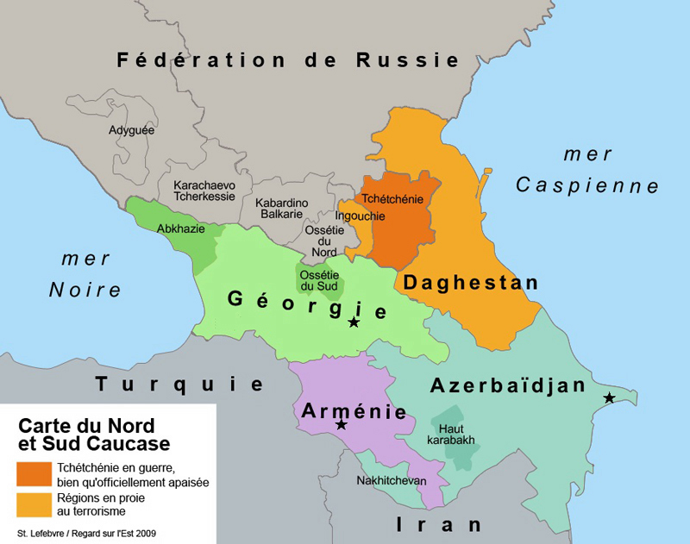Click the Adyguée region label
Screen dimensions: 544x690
pos(131,131)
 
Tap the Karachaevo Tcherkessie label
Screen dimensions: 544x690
pos(204,191)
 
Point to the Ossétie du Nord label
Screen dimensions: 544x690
pos(324,241)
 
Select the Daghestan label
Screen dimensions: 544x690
pos(470,283)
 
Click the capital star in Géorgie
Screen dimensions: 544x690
pos(354,322)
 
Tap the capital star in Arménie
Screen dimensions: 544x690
pos(341,425)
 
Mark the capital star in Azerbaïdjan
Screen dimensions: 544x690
pos(610,397)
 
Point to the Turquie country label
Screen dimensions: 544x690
pos(179,385)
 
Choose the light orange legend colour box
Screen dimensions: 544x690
pos(34,504)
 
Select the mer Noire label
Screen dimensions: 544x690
pos(85,275)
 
